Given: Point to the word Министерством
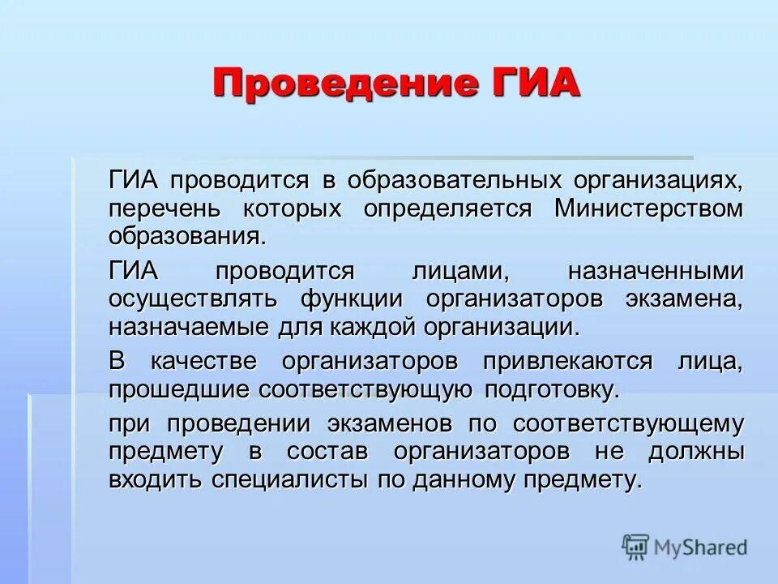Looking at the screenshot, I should pyautogui.click(x=648, y=208).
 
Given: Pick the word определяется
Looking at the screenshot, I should pyautogui.click(x=447, y=208).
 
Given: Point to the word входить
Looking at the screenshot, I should pyautogui.click(x=155, y=479).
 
